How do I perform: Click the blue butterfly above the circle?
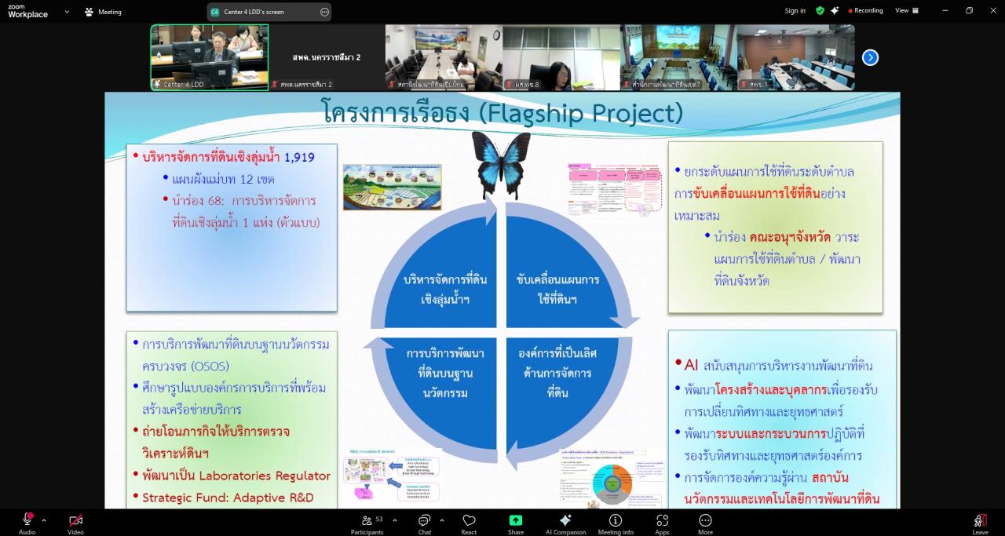pyautogui.click(x=501, y=162)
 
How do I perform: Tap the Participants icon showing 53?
pyautogui.click(x=367, y=521)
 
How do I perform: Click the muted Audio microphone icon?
pyautogui.click(x=27, y=520)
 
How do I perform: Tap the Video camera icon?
pyautogui.click(x=75, y=520)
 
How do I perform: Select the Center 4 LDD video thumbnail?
pyautogui.click(x=209, y=57)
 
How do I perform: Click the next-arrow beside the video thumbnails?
pyautogui.click(x=870, y=57)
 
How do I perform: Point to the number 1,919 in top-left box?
pyautogui.click(x=299, y=157)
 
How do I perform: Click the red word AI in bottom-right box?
pyautogui.click(x=691, y=365)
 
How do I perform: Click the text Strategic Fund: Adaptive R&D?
pyautogui.click(x=228, y=497)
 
